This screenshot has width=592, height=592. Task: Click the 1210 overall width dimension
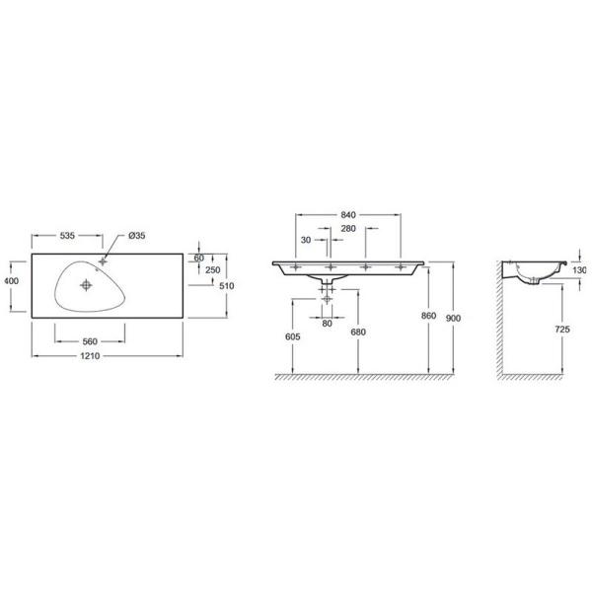(x=90, y=356)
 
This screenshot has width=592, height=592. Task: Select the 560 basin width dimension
(x=90, y=341)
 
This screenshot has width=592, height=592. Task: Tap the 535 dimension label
(x=67, y=236)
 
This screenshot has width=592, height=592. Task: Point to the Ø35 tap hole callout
(x=137, y=236)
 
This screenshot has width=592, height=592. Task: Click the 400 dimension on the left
(x=11, y=281)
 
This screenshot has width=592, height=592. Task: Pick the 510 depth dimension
(x=227, y=286)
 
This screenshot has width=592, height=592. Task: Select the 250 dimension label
(x=213, y=270)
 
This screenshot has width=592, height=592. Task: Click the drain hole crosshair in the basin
(x=87, y=285)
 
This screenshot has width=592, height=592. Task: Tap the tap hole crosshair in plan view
(x=103, y=261)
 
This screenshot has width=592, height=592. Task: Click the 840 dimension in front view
(x=348, y=215)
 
